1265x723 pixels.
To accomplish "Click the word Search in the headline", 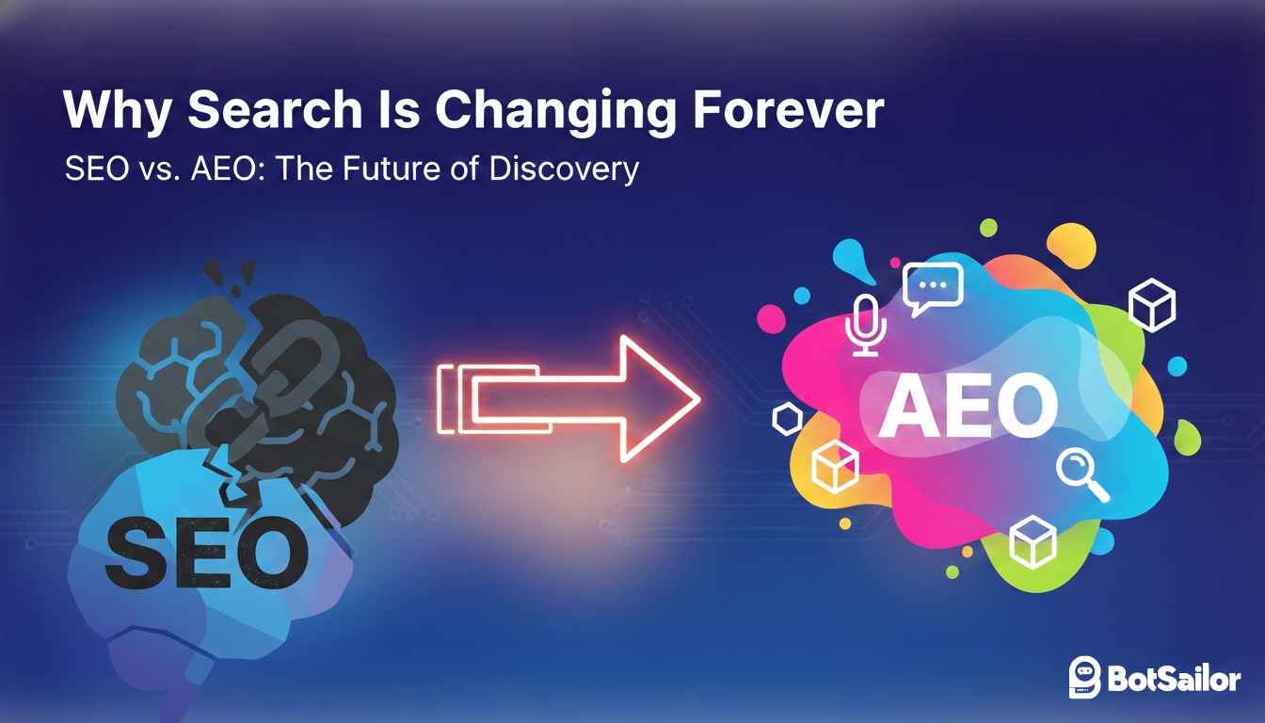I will coord(275,111).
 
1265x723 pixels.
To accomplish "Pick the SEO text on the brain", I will coord(208,551).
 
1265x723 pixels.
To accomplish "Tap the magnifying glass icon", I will coord(1081,474).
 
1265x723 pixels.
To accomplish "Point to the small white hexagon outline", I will coord(786,419).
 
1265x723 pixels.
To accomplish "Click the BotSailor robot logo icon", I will coord(1085,677).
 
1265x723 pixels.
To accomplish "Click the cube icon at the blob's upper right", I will coord(1152,305).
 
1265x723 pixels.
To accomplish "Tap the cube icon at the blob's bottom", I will coord(1033,542).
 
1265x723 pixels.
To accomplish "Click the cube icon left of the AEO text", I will coord(835,466).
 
